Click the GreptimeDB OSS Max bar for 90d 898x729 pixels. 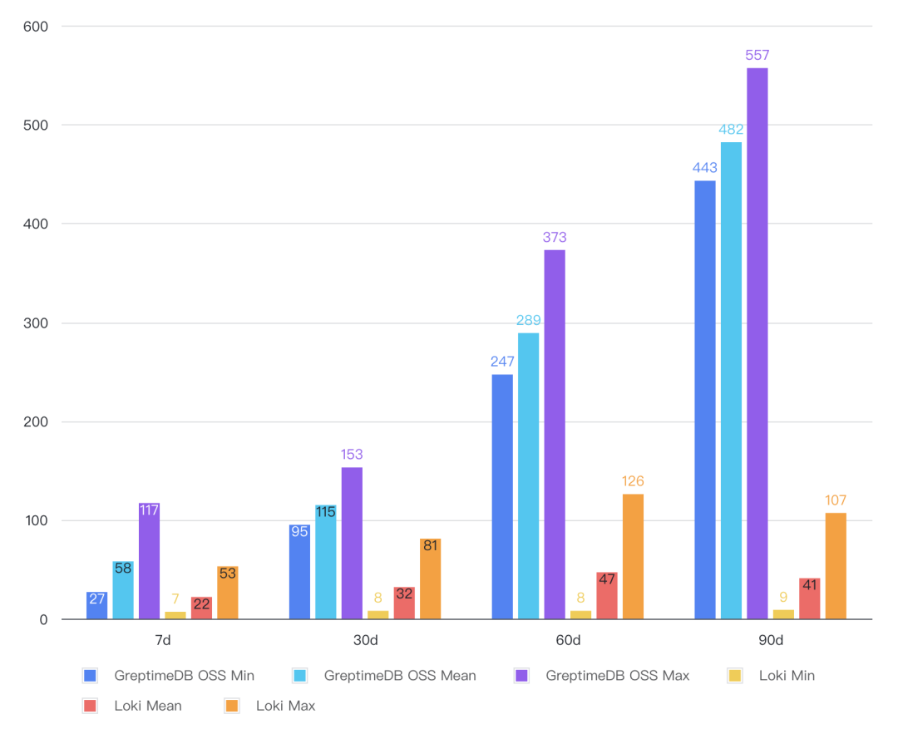point(757,343)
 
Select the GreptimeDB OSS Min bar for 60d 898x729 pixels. point(502,496)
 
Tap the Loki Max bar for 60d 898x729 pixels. point(633,556)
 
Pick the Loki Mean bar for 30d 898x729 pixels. point(404,603)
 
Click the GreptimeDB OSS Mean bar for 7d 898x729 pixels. point(123,590)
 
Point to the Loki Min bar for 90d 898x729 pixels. point(783,614)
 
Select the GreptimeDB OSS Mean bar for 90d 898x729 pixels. point(731,381)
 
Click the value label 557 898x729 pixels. point(757,56)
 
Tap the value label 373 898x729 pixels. point(555,238)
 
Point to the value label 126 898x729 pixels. point(633,482)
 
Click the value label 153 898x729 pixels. point(352,456)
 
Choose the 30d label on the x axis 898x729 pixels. point(365,641)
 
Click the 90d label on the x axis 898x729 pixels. point(770,641)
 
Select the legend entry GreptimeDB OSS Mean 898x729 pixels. point(400,676)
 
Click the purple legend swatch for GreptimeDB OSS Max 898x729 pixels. point(522,676)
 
